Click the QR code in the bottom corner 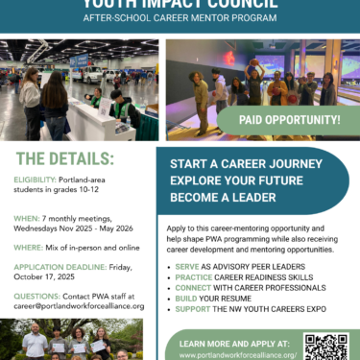(x=326, y=347)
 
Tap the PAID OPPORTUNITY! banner (x=289, y=120)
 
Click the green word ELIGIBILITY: (x=35, y=180)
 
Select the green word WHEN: (x=27, y=219)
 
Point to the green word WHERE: (x=28, y=248)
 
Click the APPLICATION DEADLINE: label (x=60, y=267)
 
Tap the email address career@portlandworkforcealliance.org (x=79, y=306)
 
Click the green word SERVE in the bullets (x=187, y=267)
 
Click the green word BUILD (x=186, y=299)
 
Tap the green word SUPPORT (x=193, y=309)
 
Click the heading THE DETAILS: (x=65, y=158)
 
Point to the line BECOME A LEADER (x=223, y=198)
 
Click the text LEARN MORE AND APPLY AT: (x=234, y=344)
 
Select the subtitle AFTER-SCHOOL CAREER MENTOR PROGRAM (x=180, y=18)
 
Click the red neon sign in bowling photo (x=228, y=59)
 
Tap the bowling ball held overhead (x=254, y=62)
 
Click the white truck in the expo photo (x=87, y=74)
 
